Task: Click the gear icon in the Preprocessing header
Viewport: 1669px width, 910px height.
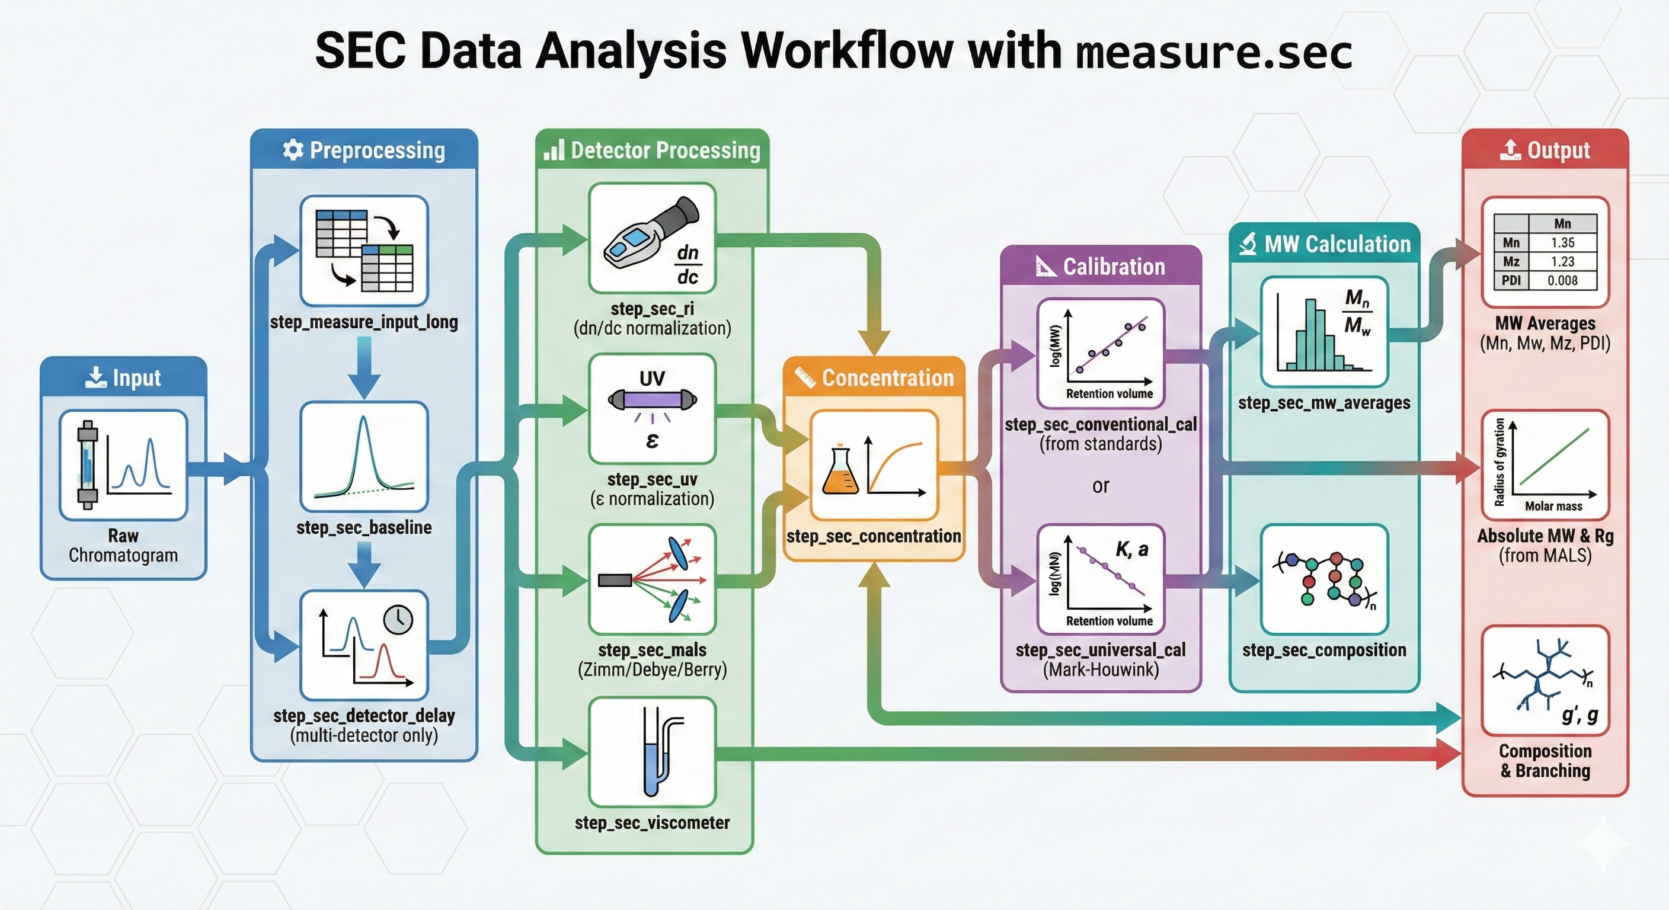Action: [293, 150]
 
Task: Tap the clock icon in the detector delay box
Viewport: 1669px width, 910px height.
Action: [398, 619]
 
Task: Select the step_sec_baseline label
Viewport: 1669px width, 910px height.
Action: [363, 527]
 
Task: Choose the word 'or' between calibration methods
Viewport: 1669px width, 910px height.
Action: [1100, 486]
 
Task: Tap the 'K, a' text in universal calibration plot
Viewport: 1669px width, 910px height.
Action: [1131, 549]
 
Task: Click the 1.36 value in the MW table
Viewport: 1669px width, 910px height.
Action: [1562, 242]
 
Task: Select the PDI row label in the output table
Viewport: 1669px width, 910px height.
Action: [1511, 280]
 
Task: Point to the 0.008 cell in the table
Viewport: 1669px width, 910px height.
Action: [1562, 280]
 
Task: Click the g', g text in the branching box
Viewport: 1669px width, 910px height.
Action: [1579, 714]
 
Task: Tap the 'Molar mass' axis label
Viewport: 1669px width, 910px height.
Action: [1553, 506]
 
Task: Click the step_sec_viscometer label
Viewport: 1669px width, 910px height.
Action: [652, 822]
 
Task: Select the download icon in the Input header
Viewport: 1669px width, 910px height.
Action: [95, 377]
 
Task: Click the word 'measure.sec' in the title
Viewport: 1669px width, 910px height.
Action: [1213, 52]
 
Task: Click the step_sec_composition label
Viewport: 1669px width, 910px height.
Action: [1323, 650]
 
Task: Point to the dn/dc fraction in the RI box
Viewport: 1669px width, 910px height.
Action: [688, 264]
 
